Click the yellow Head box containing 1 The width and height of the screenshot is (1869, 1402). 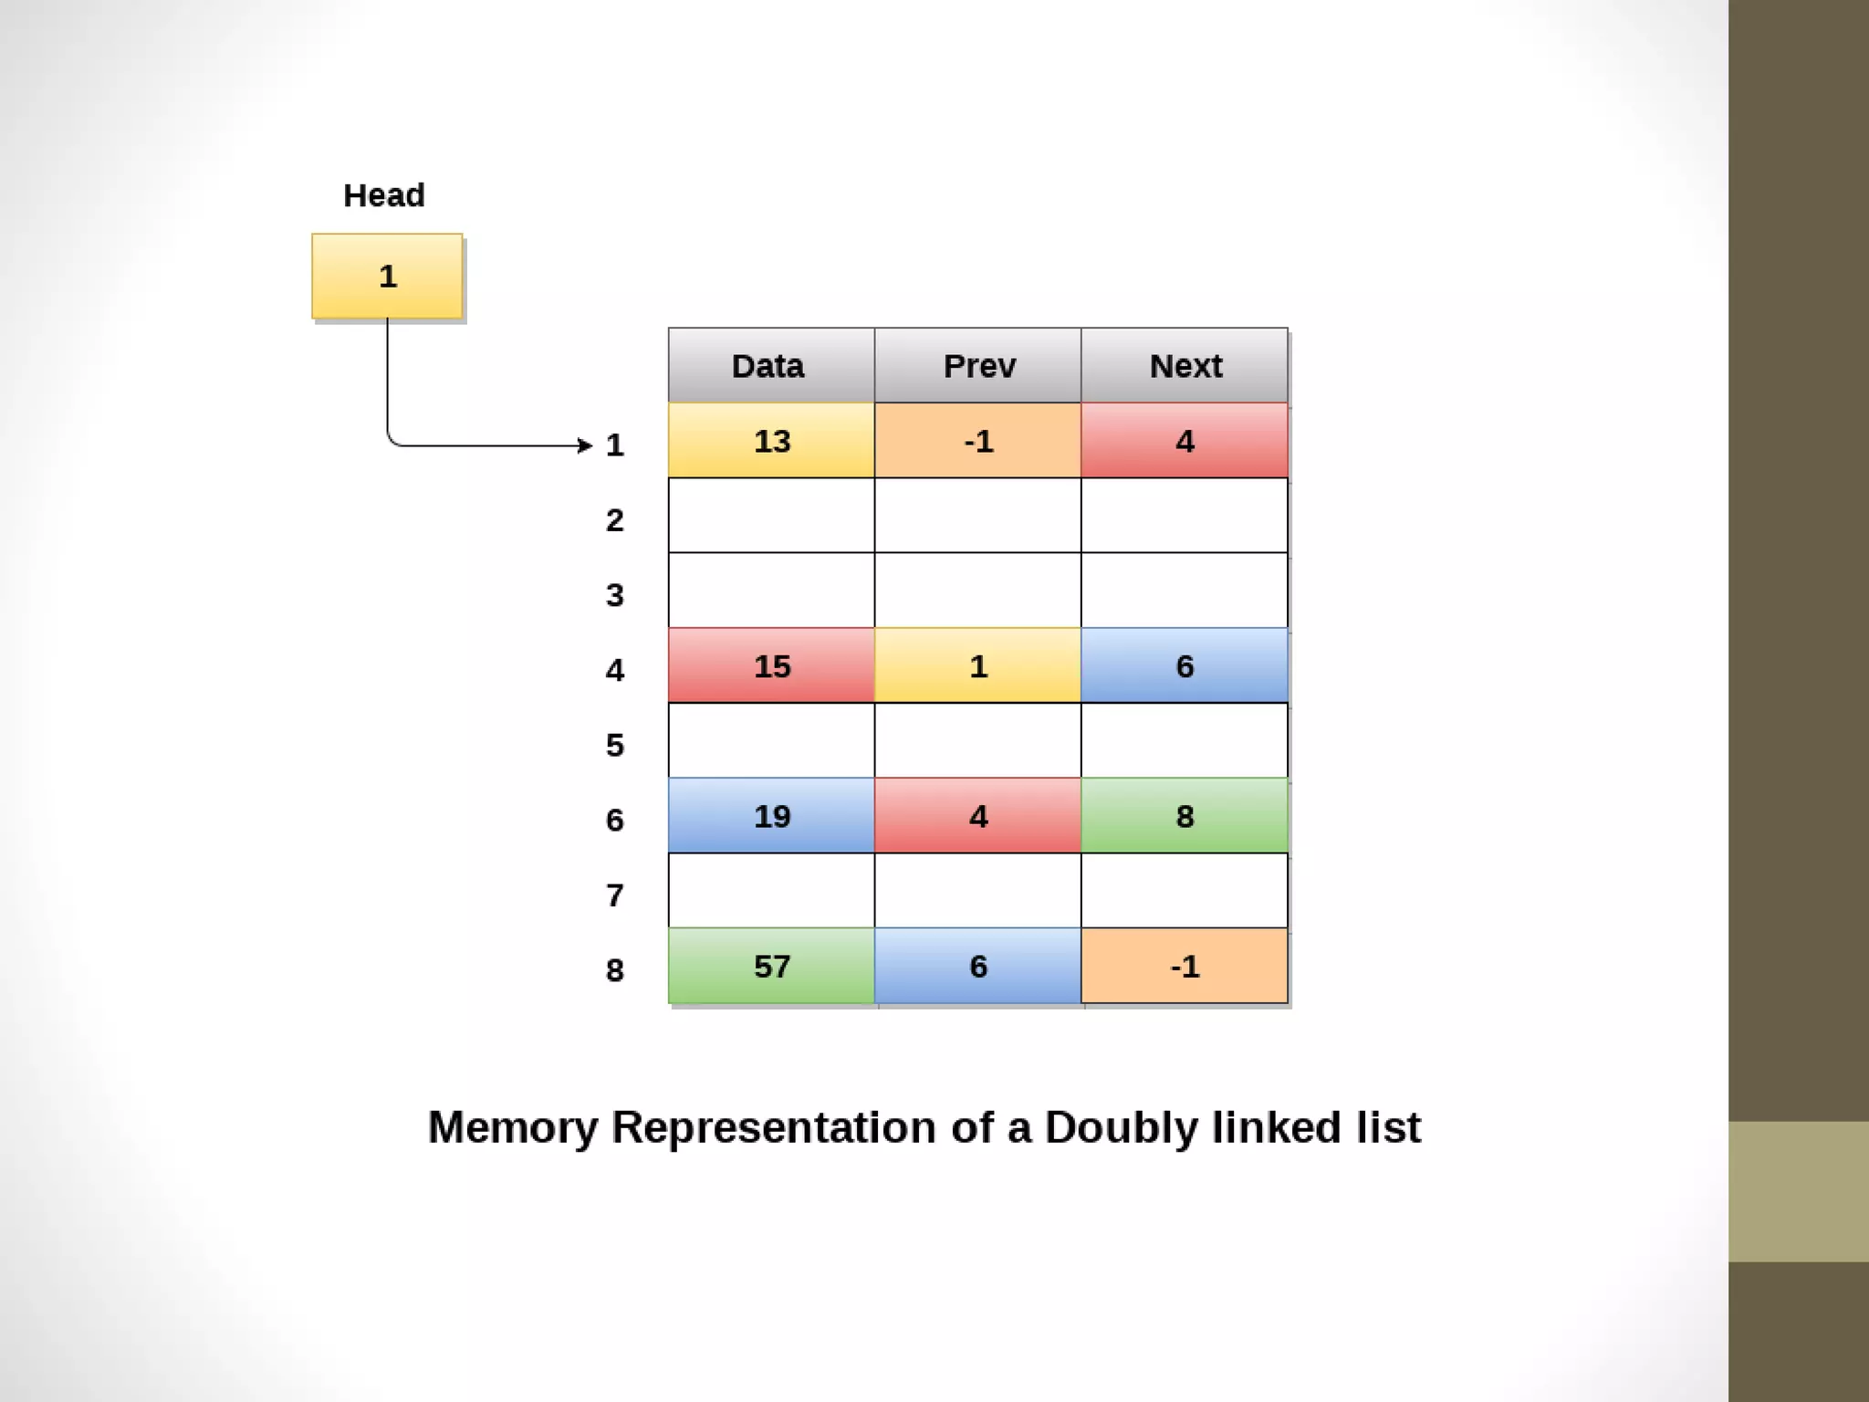(x=387, y=276)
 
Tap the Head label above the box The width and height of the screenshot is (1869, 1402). (x=383, y=195)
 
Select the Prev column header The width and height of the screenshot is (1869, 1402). (x=977, y=366)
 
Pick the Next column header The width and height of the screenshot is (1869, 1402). (x=1185, y=366)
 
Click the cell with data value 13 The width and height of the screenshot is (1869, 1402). (x=771, y=441)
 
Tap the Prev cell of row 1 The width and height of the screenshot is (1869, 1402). (x=977, y=441)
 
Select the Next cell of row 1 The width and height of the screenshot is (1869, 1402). (x=1185, y=441)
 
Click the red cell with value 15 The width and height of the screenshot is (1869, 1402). (x=771, y=665)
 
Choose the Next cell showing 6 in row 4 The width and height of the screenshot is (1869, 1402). (x=1185, y=665)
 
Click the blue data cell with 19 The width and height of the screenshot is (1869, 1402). (x=771, y=816)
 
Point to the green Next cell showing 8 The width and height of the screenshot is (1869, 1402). (x=1185, y=816)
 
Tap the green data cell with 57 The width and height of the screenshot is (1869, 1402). (x=771, y=966)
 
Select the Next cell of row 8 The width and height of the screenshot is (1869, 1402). (x=1185, y=966)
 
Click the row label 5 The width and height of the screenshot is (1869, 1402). (x=615, y=745)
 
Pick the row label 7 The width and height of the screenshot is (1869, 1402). (x=615, y=895)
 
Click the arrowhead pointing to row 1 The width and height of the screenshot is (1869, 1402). (x=586, y=445)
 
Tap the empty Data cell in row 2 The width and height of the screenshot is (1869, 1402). (x=771, y=516)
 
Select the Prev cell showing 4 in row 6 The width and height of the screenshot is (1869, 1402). (x=977, y=816)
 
